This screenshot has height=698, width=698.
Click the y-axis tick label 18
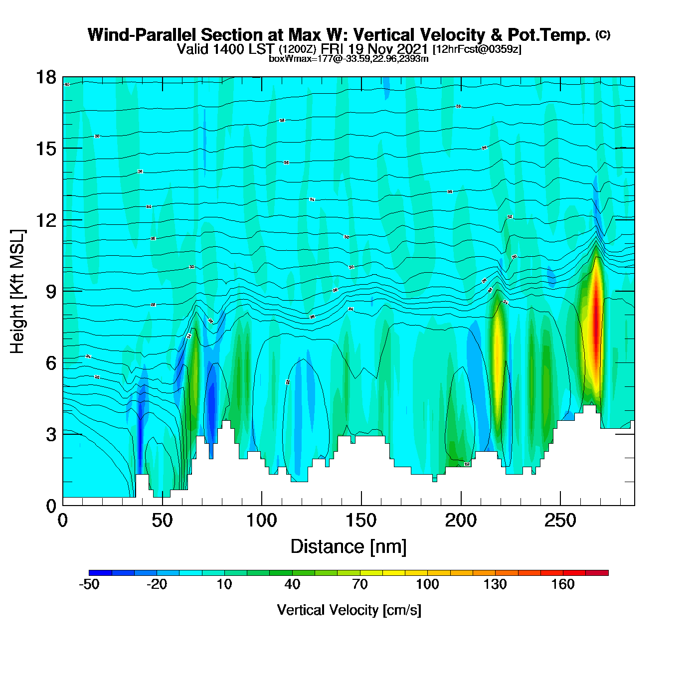tap(45, 78)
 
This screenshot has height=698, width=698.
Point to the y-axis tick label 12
tap(45, 220)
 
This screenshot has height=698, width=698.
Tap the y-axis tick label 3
tap(51, 434)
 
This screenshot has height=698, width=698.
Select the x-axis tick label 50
tap(162, 521)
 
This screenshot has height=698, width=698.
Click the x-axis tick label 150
tap(361, 521)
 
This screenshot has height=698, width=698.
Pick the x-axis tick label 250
tap(560, 521)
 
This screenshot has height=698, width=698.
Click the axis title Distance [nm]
tap(349, 547)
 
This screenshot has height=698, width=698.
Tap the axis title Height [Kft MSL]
tap(17, 292)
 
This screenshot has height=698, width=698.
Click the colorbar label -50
tap(89, 584)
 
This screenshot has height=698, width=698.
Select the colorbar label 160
tap(563, 584)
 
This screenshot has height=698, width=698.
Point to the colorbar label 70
tap(360, 584)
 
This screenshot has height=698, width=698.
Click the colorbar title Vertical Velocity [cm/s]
tap(349, 610)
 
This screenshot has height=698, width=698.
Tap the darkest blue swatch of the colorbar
tap(100, 573)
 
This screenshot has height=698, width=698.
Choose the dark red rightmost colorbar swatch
tap(597, 573)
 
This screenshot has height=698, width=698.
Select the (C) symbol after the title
tap(603, 34)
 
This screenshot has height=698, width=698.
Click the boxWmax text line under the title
tap(349, 59)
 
